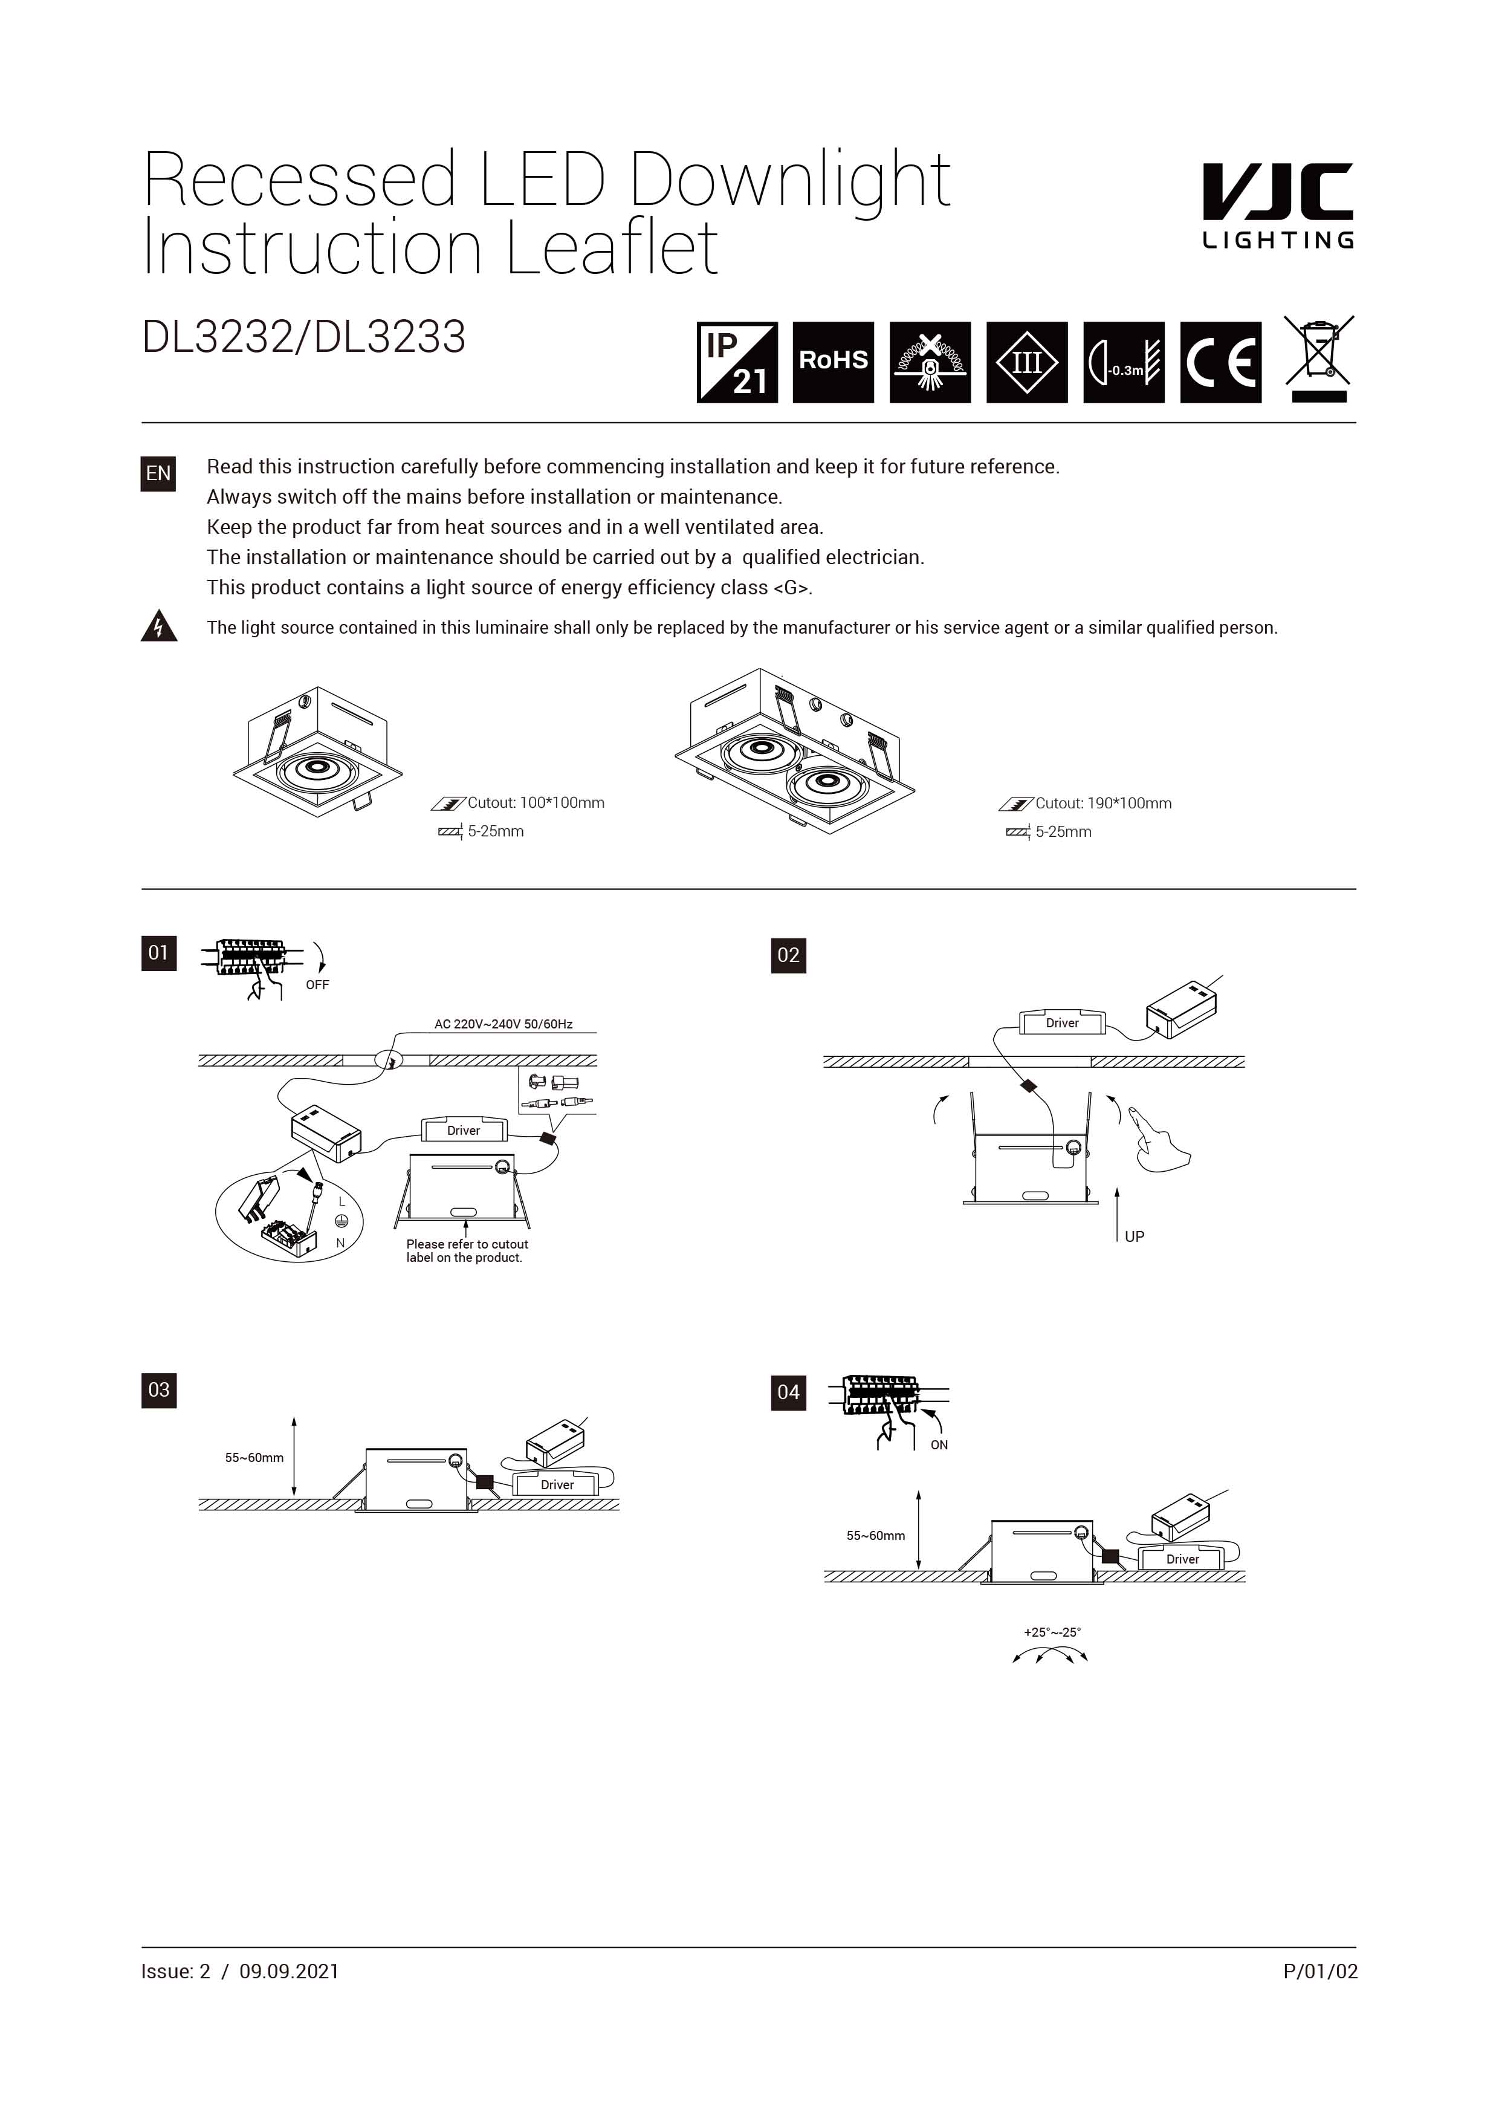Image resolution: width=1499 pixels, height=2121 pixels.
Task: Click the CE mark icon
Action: [x=1220, y=362]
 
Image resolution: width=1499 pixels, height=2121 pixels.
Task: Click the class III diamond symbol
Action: [x=1026, y=362]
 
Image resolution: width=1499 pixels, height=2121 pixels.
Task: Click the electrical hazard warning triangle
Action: [x=159, y=626]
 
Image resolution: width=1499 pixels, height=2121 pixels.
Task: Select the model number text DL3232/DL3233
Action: [x=304, y=337]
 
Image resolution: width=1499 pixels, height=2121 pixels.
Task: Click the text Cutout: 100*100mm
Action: [x=535, y=803]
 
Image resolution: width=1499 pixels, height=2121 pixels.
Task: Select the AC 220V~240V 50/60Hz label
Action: [x=503, y=1024]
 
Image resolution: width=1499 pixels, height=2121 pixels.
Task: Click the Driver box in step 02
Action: [x=1061, y=1022]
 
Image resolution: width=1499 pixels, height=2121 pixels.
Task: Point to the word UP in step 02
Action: [x=1134, y=1236]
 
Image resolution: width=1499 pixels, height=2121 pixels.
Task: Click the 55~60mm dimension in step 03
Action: [x=254, y=1458]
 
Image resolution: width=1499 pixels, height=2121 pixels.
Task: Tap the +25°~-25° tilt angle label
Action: [x=1051, y=1632]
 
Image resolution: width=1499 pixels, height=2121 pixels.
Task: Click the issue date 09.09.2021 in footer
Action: [x=289, y=1971]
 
